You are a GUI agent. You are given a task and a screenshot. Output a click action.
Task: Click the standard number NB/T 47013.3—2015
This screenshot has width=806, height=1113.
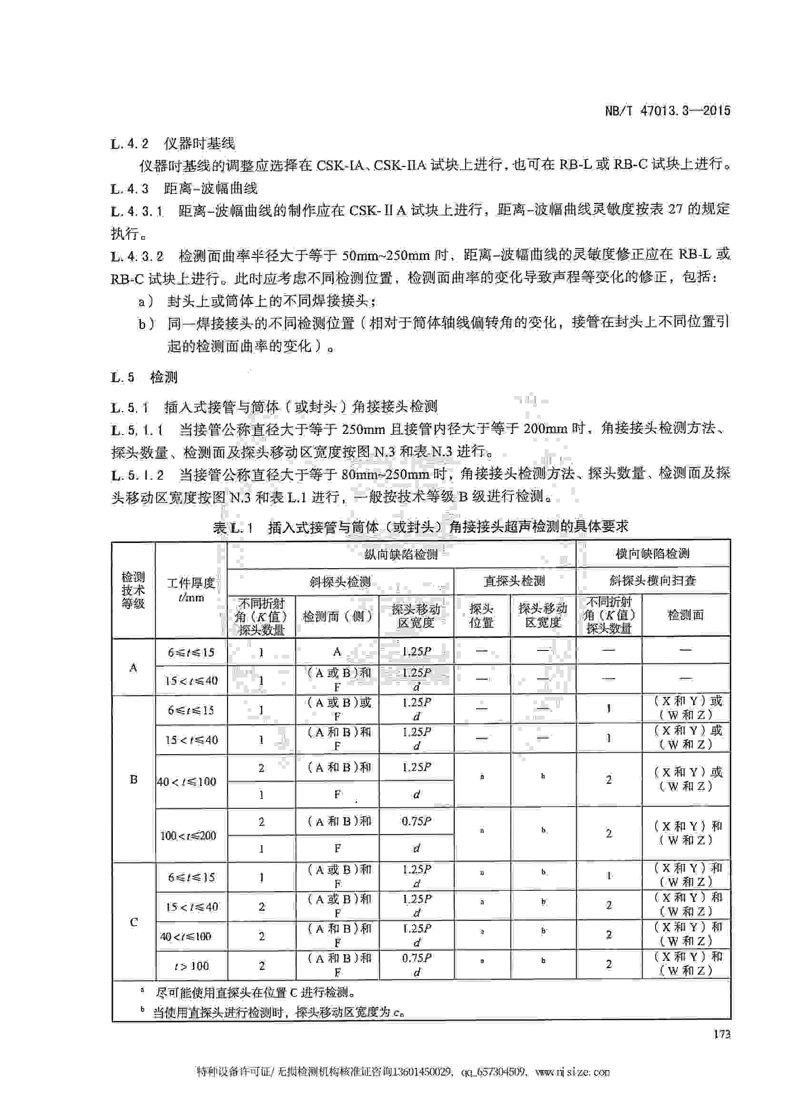tap(667, 110)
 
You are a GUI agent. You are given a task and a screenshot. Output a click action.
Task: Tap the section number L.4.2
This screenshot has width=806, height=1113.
tap(129, 144)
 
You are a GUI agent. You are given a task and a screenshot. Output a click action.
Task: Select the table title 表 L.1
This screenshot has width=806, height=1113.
tap(234, 527)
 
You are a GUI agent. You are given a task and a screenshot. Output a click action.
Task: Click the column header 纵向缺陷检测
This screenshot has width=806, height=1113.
tap(400, 554)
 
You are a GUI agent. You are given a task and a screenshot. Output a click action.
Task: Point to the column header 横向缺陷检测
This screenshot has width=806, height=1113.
tap(652, 554)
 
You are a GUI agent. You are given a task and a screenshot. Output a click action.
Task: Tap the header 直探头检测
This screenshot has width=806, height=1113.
tap(514, 581)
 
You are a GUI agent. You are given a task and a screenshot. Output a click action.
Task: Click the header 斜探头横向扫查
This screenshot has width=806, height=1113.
tap(652, 581)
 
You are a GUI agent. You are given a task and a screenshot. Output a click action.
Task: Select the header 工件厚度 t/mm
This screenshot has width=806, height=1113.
tap(191, 590)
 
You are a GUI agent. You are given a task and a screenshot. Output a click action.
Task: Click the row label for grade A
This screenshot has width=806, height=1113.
tap(133, 668)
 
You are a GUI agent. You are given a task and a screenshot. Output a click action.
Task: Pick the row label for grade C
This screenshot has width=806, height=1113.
tap(133, 922)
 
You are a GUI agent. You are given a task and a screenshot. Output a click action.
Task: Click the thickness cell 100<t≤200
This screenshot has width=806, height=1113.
tap(188, 835)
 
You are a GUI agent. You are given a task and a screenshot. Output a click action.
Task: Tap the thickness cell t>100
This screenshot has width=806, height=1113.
tap(191, 966)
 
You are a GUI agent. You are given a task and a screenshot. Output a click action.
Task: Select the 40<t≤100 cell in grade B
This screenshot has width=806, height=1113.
tap(187, 781)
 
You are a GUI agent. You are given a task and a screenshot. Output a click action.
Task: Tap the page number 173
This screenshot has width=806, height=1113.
tap(722, 1034)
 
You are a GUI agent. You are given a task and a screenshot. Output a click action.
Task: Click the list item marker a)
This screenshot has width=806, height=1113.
tap(146, 301)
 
